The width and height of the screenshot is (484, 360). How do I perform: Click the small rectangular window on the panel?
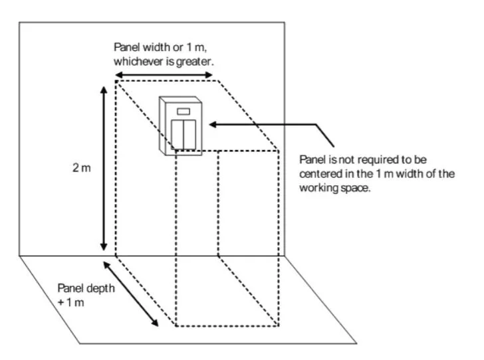point(183,111)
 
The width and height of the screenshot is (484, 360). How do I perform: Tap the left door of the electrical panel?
point(178,135)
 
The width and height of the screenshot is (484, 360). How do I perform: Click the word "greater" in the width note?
point(198,62)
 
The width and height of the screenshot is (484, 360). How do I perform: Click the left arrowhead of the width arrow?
point(114,74)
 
